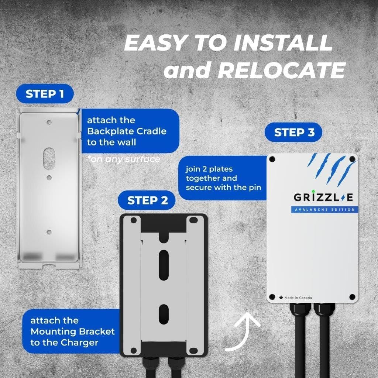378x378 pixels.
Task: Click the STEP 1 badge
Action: (45, 94)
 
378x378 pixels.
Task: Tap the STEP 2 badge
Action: (147, 200)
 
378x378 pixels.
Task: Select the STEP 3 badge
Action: (294, 133)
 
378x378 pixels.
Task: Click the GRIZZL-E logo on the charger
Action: (323, 197)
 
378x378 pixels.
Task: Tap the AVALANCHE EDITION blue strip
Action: (323, 210)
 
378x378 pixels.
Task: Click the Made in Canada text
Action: (298, 298)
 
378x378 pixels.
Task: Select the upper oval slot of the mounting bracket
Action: (163, 260)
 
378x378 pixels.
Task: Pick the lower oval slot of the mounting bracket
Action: (163, 314)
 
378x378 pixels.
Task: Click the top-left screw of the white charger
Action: (272, 159)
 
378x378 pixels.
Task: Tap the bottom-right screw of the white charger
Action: (352, 297)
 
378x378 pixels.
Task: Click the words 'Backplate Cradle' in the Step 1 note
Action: (127, 131)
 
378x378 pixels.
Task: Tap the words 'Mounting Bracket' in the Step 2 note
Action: (73, 331)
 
